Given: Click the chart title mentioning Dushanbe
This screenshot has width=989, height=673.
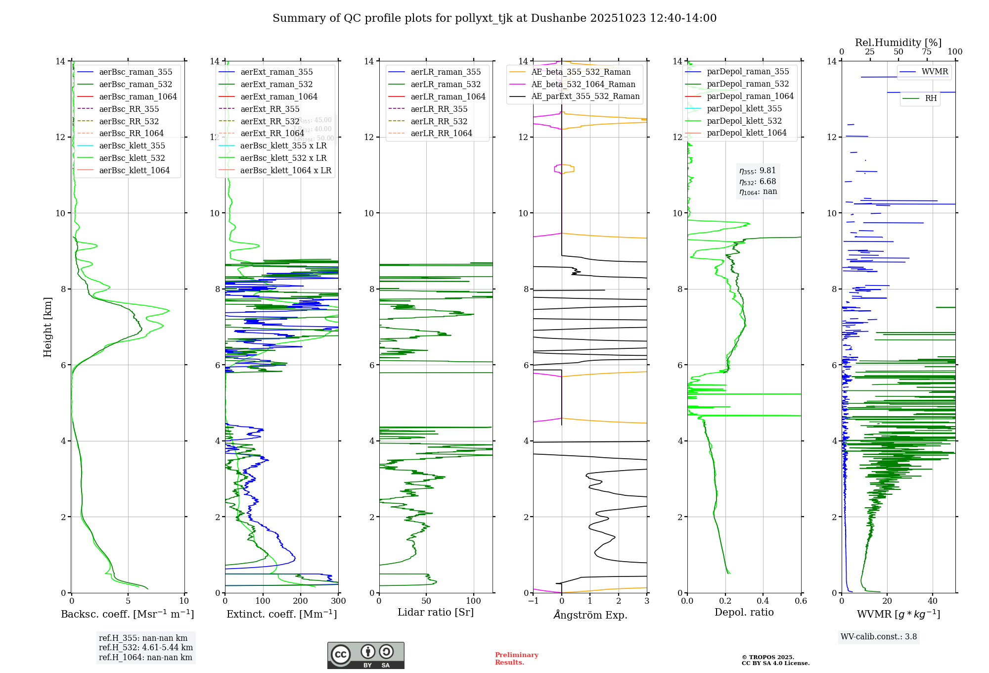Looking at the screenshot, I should point(494,18).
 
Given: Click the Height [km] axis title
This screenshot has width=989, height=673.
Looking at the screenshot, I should point(47,327).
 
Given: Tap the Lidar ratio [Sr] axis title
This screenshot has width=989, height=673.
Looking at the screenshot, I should point(436,613).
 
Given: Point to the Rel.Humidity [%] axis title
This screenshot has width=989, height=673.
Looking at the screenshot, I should point(898,43).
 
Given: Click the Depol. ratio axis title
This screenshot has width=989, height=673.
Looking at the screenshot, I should point(744,613).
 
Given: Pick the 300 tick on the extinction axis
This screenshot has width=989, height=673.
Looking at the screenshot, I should point(338,601).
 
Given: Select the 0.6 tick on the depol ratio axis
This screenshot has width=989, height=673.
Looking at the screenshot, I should point(801,601).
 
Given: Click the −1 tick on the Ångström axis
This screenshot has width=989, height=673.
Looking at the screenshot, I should point(533,601).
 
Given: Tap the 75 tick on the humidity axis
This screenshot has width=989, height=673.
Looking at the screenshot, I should point(927,52).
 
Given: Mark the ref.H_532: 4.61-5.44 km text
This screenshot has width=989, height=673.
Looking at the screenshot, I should point(146,648).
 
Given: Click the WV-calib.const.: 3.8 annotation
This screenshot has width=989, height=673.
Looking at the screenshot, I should point(879,637).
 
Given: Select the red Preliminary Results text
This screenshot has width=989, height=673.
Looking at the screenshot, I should point(516,659).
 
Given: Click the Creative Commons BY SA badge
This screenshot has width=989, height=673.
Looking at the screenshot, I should point(365,656).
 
